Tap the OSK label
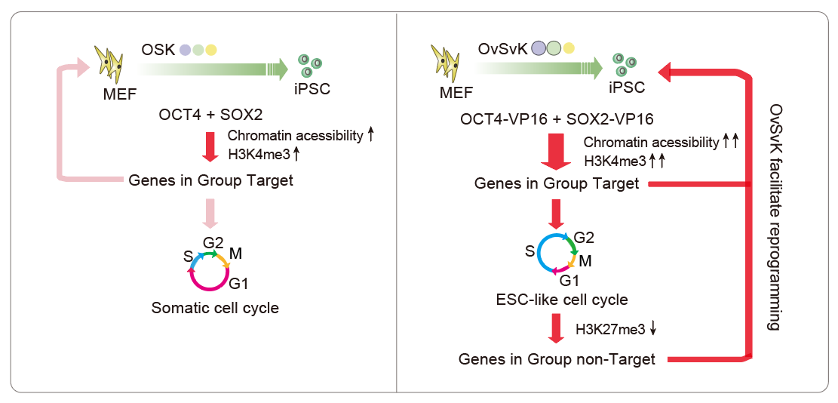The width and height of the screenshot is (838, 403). (x=158, y=51)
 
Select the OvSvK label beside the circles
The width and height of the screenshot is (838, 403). (x=502, y=50)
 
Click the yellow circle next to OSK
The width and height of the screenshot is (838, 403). (x=212, y=51)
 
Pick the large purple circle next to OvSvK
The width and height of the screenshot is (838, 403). (x=539, y=50)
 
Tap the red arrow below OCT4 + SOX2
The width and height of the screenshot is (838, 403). (x=213, y=146)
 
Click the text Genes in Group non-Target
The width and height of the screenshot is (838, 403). (x=557, y=359)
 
